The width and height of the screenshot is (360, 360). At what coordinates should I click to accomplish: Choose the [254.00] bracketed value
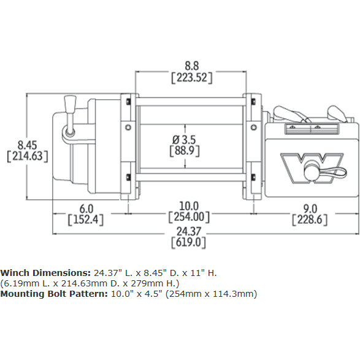(189, 217)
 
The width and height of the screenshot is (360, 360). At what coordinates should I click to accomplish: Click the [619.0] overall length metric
(189, 242)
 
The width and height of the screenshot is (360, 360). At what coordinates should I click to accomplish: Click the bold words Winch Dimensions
(45, 272)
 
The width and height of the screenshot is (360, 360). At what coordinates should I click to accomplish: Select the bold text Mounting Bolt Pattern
(53, 294)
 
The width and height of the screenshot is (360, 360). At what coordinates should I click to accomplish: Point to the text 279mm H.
(159, 283)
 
